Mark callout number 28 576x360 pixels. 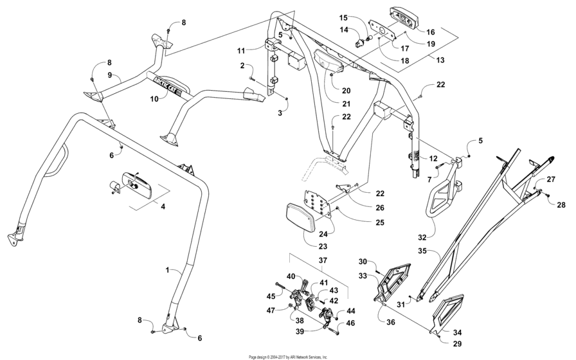(561, 205)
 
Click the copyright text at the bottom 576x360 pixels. (288, 356)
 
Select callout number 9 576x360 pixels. (109, 75)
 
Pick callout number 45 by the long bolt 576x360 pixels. (270, 296)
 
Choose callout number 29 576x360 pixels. (438, 345)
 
